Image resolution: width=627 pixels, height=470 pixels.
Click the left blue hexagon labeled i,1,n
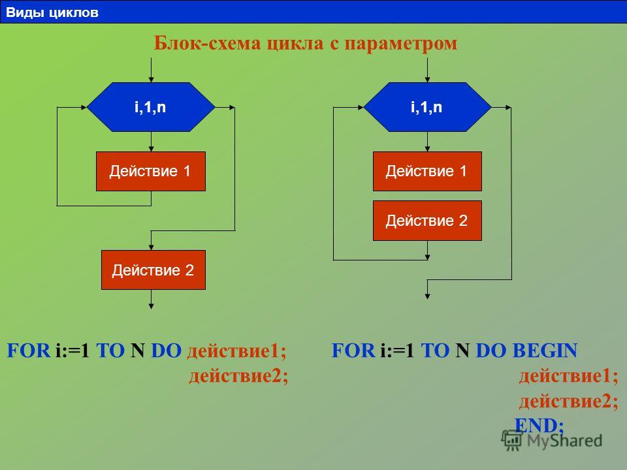click(x=151, y=107)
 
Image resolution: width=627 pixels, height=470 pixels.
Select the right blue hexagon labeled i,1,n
click(x=427, y=107)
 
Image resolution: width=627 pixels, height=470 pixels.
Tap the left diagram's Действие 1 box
click(x=151, y=171)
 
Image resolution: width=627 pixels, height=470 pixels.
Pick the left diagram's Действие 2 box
click(x=153, y=270)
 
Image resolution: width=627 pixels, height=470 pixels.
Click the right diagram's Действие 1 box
click(x=427, y=171)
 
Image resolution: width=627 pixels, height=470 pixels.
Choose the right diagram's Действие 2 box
click(x=427, y=221)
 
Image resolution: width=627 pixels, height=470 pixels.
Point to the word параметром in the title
click(x=400, y=44)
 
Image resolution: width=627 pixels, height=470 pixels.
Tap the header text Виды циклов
click(x=52, y=12)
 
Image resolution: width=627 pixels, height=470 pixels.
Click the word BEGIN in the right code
click(x=545, y=351)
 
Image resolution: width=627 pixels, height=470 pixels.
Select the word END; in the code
click(x=539, y=425)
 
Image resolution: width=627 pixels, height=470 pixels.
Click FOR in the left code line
click(x=29, y=351)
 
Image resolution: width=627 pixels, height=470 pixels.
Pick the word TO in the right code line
click(x=435, y=351)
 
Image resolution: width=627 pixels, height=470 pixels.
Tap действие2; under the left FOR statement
click(x=238, y=376)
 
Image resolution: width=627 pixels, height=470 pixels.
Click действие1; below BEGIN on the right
click(x=569, y=376)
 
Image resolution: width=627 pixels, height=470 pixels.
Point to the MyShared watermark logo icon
click(x=512, y=441)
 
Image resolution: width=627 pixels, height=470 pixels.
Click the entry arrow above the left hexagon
click(x=151, y=70)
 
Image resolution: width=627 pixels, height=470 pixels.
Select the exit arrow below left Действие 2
click(x=151, y=300)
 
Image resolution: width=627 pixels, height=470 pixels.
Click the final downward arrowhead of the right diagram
click(x=427, y=296)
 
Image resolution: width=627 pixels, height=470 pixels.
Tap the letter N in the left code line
click(x=137, y=351)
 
